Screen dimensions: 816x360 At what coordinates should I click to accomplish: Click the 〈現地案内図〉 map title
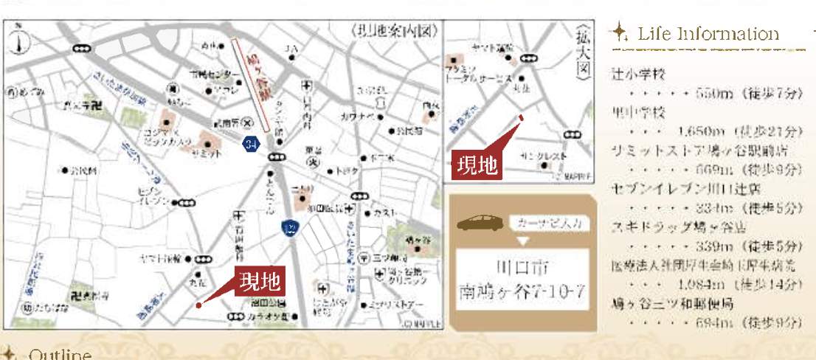(396, 32)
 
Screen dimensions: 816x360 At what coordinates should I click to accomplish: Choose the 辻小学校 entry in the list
(639, 75)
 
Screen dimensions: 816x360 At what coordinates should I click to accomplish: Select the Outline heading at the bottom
(60, 355)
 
